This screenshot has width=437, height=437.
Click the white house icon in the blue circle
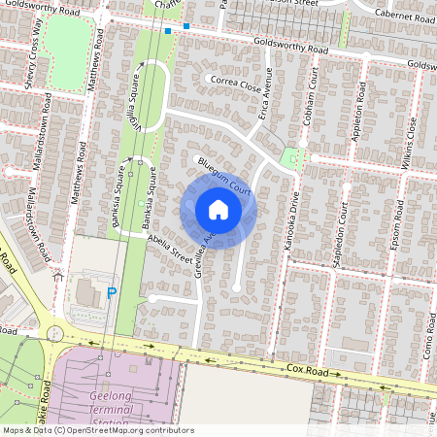coord(218,210)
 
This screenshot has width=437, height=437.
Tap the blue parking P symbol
coord(112,290)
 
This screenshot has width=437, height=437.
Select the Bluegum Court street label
coord(225,182)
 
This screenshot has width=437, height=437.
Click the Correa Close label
coord(236,84)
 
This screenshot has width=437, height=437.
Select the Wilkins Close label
coord(410,141)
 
